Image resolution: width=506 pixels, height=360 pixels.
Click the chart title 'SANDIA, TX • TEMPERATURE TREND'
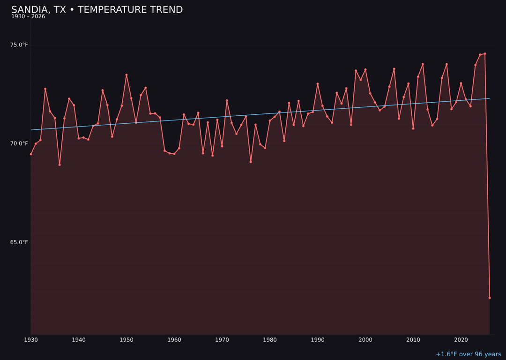click(x=97, y=10)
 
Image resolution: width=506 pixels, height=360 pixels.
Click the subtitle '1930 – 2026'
click(x=28, y=17)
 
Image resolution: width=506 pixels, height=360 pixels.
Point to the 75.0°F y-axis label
click(x=19, y=45)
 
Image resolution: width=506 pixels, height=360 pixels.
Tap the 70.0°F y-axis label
click(x=19, y=143)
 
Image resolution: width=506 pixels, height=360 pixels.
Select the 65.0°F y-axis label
click(x=19, y=242)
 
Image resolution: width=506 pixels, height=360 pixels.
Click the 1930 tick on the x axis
click(x=31, y=340)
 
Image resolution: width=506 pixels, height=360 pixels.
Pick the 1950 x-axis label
click(x=126, y=340)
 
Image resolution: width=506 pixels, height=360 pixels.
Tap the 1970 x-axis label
click(x=222, y=340)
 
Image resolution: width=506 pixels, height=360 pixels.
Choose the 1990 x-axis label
click(x=318, y=340)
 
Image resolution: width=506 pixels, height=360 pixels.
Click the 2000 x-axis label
click(x=365, y=340)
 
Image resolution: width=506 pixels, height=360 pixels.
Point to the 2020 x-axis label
click(x=461, y=340)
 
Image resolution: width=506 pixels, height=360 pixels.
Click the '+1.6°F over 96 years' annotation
click(x=468, y=354)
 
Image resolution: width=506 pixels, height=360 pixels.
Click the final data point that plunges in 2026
click(x=490, y=298)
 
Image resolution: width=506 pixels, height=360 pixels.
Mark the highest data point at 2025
click(x=485, y=54)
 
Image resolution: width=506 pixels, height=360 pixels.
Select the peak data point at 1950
click(x=126, y=75)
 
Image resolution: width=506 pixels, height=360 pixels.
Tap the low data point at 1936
click(x=60, y=165)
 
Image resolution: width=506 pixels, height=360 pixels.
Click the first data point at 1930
click(x=31, y=154)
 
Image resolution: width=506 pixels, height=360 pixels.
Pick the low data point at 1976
click(x=251, y=162)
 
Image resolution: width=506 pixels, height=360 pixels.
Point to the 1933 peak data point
click(x=45, y=89)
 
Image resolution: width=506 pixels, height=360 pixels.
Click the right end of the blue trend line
click(x=489, y=98)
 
